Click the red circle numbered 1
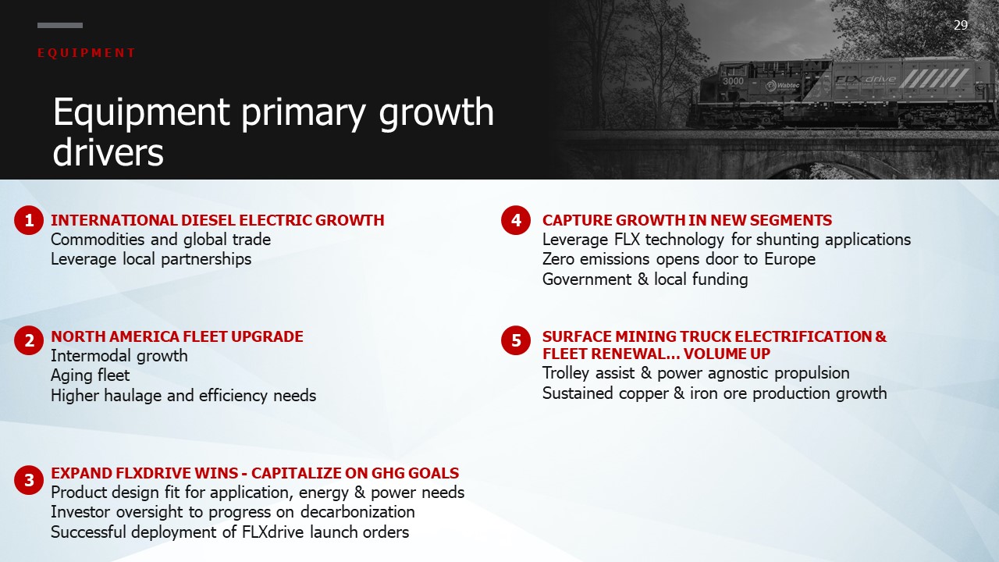pyautogui.click(x=29, y=220)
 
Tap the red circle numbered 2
pyautogui.click(x=29, y=340)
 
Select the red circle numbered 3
pyautogui.click(x=29, y=480)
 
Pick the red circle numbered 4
pyautogui.click(x=516, y=220)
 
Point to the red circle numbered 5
pyautogui.click(x=516, y=340)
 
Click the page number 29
pyautogui.click(x=961, y=26)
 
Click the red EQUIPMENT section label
pyautogui.click(x=86, y=53)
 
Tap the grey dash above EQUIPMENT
pyautogui.click(x=60, y=26)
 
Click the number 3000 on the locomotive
pyautogui.click(x=733, y=81)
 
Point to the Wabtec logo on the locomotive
pyautogui.click(x=782, y=86)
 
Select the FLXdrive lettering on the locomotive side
pyautogui.click(x=866, y=80)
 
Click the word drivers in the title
pyautogui.click(x=108, y=152)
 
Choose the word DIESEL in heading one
pyautogui.click(x=208, y=220)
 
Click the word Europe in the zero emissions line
pyautogui.click(x=790, y=259)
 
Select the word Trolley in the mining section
pyautogui.click(x=566, y=373)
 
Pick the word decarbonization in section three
pyautogui.click(x=357, y=512)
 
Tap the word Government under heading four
pyautogui.click(x=587, y=279)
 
